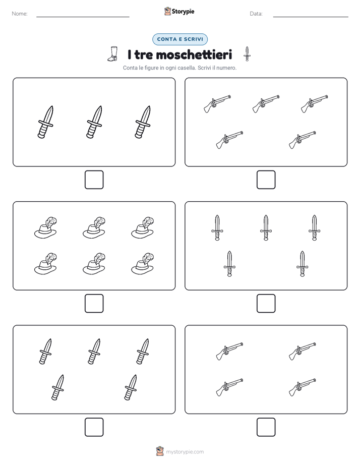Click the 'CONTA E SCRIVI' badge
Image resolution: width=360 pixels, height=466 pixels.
coord(179,39)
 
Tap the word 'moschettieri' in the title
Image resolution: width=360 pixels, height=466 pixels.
coord(194,54)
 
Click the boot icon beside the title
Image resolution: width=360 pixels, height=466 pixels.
coord(112,54)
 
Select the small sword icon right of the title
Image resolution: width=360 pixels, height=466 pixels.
coord(247,54)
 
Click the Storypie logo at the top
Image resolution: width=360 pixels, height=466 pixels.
coord(179,12)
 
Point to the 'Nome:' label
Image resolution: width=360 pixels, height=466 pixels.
coord(20,14)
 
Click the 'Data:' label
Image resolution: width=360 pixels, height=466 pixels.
coord(256,14)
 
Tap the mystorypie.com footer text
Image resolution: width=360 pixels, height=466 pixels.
coord(185,452)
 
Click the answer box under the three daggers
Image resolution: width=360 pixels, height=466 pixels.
coord(94,180)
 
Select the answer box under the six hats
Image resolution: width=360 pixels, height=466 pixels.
coord(94,304)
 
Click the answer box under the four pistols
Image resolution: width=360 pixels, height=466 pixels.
coord(266,427)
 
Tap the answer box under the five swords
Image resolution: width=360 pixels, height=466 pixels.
coord(266,304)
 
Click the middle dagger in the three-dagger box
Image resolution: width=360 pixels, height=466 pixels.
coord(94,122)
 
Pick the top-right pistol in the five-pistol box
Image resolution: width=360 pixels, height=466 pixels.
coord(315,104)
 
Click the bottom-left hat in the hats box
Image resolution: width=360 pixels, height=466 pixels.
coord(45,264)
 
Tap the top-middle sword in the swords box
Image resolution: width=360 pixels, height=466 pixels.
coord(266,227)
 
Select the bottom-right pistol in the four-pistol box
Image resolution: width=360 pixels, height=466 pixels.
coord(303,387)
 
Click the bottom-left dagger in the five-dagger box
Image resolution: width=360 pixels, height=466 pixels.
coord(57,387)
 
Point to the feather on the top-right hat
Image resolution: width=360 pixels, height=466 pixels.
coord(149,222)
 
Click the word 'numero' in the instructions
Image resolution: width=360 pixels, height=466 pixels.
coord(226,68)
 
